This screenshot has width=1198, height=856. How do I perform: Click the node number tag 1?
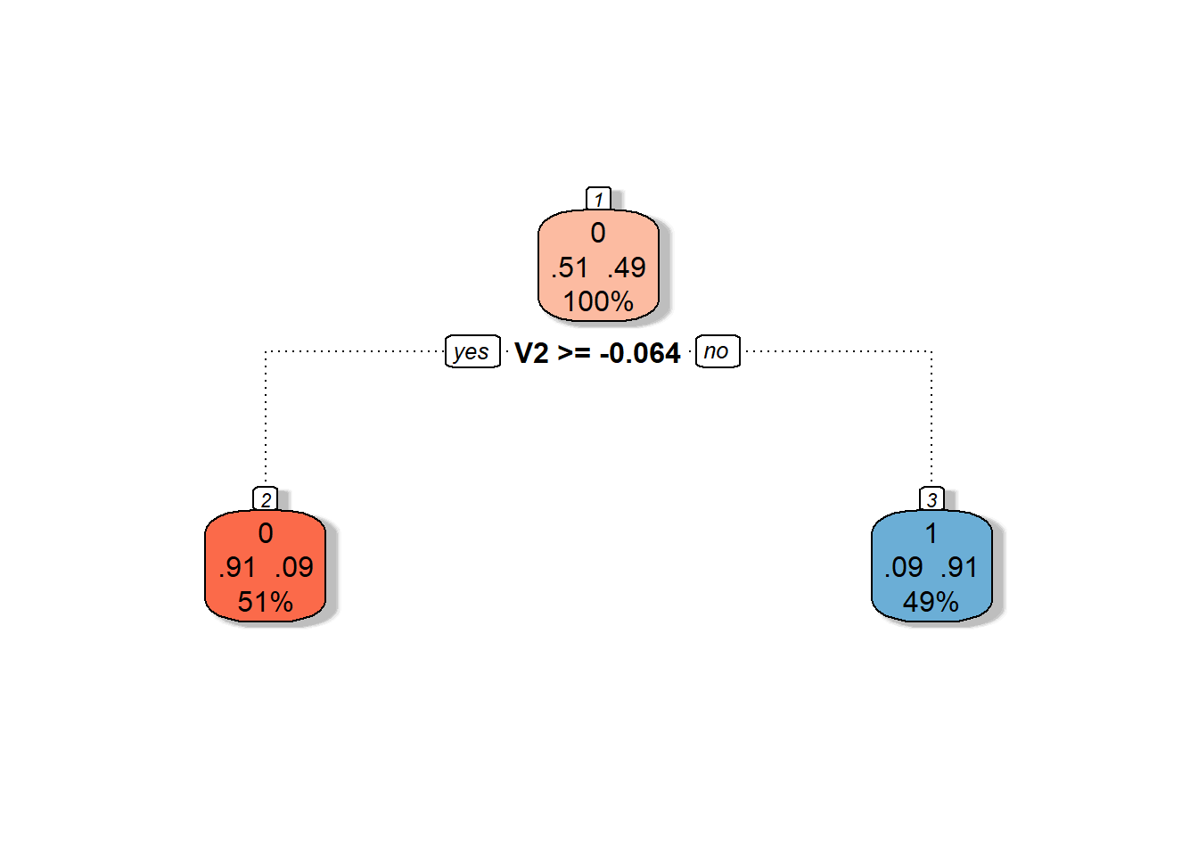tap(598, 199)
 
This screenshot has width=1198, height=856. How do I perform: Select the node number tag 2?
tap(266, 499)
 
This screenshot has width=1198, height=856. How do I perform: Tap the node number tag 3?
tap(931, 499)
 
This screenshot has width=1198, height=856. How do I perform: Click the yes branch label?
tap(472, 351)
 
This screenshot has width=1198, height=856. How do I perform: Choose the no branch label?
tap(717, 351)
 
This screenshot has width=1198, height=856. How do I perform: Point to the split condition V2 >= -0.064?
tap(597, 353)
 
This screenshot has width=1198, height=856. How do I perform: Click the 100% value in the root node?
tap(598, 301)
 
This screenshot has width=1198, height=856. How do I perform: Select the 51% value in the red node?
tap(266, 602)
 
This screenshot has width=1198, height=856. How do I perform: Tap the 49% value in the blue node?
tap(931, 602)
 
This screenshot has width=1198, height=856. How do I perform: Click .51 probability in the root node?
tap(570, 267)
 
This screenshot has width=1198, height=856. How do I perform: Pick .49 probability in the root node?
tap(627, 267)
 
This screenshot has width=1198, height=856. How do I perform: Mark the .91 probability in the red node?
tap(237, 567)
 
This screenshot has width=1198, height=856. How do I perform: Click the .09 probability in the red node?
tap(294, 567)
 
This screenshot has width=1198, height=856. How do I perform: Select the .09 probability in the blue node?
tap(904, 567)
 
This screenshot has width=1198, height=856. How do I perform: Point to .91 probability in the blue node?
tap(959, 567)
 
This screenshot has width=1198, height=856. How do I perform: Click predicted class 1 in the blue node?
tap(931, 533)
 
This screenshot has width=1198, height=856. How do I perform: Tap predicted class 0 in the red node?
tap(266, 533)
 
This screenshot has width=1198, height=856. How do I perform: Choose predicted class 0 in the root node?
tap(598, 233)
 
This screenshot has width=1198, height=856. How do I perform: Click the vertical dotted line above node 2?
tap(266, 419)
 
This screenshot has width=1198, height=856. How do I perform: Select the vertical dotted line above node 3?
tap(931, 419)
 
